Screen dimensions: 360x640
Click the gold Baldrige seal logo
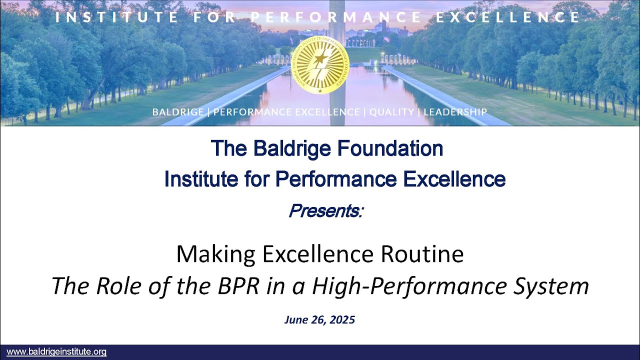(319, 65)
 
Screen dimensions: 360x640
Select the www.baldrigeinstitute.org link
(56, 352)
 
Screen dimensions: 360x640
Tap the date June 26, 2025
(319, 320)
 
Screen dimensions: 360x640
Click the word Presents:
(325, 211)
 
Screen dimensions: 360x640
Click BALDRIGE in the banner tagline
(178, 112)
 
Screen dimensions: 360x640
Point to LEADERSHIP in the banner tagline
(455, 112)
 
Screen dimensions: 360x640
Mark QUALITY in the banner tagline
(391, 112)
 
